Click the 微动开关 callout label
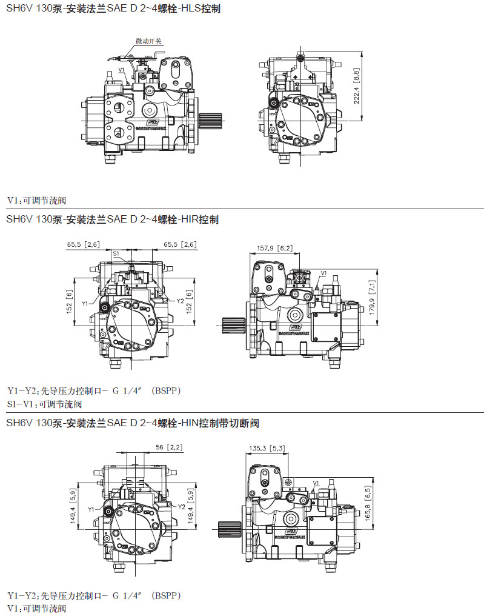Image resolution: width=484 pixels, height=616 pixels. (x=148, y=41)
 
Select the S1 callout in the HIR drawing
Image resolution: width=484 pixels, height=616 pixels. (x=116, y=253)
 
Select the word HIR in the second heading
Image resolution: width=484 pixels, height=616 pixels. (x=189, y=219)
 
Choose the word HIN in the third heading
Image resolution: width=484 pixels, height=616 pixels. (x=189, y=422)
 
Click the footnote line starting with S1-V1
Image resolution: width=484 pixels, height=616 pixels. (x=44, y=404)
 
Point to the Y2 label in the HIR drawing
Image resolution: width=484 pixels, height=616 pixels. (x=180, y=301)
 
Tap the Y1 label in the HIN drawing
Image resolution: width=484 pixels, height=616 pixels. (x=91, y=509)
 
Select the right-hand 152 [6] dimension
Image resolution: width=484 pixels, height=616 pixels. (x=189, y=302)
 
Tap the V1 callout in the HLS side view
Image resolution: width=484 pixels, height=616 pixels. (x=122, y=70)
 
